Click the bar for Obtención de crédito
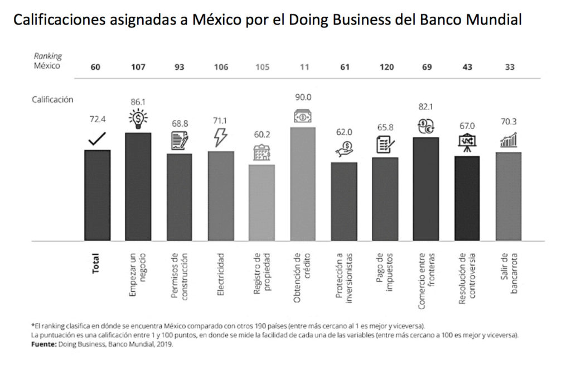pos(303,184)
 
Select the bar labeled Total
pos(98,195)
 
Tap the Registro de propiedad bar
pos(262,203)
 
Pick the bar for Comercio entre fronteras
pos(426,189)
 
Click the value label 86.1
pos(138,103)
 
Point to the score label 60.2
pos(262,135)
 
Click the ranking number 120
pos(385,67)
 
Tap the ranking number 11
pos(304,67)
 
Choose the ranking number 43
pos(467,67)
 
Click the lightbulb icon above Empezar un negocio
pos(138,119)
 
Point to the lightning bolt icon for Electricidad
pos(220,137)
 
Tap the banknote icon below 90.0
pos(303,116)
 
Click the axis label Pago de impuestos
pos(385,274)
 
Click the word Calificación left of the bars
pos(52,99)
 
